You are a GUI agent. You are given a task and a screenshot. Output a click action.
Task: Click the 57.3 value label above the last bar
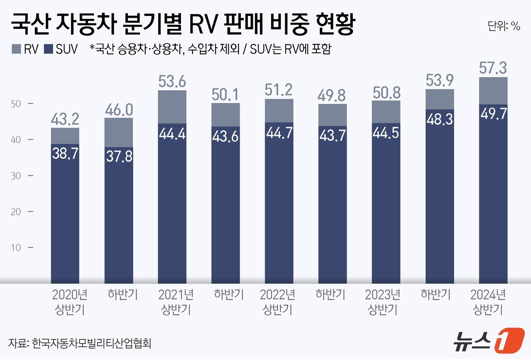click(x=493, y=68)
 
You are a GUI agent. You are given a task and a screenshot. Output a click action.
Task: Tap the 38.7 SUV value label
click(x=65, y=153)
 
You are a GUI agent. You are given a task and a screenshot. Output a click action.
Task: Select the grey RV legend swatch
click(x=16, y=49)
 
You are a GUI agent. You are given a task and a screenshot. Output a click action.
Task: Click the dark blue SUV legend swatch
click(x=48, y=49)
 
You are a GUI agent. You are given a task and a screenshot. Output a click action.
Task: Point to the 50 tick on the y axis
click(x=16, y=104)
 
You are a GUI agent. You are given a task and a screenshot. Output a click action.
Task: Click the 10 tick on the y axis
click(x=16, y=248)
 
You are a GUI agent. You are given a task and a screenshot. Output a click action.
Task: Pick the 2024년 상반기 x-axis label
click(x=488, y=302)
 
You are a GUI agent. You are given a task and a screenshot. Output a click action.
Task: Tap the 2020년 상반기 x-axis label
click(x=70, y=302)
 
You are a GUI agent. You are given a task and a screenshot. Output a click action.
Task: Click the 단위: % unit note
click(x=504, y=26)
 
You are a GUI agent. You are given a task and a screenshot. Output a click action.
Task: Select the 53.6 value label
click(x=172, y=81)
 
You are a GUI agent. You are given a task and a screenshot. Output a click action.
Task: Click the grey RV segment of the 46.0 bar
click(x=119, y=132)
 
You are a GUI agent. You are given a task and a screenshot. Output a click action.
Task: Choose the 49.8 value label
click(x=332, y=95)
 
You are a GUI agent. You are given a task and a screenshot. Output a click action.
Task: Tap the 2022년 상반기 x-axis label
click(x=278, y=302)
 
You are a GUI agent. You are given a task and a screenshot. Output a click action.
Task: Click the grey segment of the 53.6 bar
click(x=172, y=107)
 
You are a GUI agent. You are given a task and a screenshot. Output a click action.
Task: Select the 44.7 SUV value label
click(x=279, y=133)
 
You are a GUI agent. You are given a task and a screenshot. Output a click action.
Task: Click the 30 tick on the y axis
click(x=16, y=176)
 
